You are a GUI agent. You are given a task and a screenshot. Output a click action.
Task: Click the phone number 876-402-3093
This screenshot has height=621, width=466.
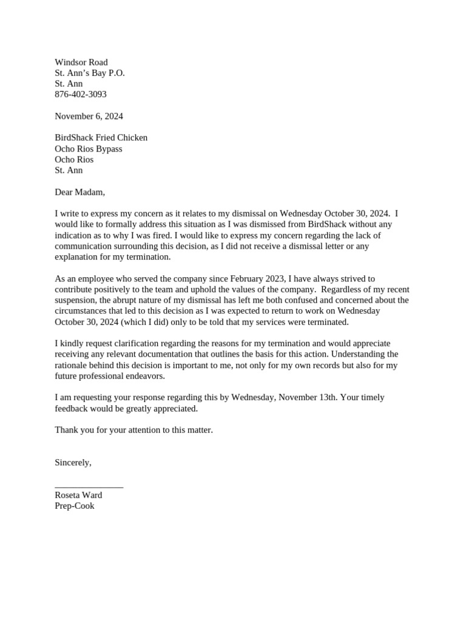[x=81, y=95]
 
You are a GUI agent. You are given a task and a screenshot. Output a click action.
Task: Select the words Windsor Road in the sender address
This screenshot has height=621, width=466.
[x=81, y=62]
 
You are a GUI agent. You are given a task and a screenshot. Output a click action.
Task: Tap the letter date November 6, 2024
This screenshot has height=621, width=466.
[x=89, y=116]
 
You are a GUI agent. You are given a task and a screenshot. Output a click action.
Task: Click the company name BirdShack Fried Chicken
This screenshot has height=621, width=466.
[x=101, y=138]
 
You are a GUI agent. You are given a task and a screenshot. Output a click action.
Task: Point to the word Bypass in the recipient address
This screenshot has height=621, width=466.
[x=107, y=149]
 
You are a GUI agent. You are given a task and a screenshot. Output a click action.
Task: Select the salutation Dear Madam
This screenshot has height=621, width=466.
[x=79, y=192]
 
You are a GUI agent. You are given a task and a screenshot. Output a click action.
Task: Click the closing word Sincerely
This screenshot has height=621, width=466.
[x=73, y=462]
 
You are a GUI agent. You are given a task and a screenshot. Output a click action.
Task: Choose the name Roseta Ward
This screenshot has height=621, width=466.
[x=78, y=495]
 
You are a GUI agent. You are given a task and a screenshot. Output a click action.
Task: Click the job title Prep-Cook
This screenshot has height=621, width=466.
[x=75, y=506]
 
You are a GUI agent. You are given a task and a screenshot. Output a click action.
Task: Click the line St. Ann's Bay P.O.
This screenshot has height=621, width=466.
[x=90, y=73]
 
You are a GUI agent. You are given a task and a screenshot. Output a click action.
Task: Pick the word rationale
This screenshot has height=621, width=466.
[x=72, y=365]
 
